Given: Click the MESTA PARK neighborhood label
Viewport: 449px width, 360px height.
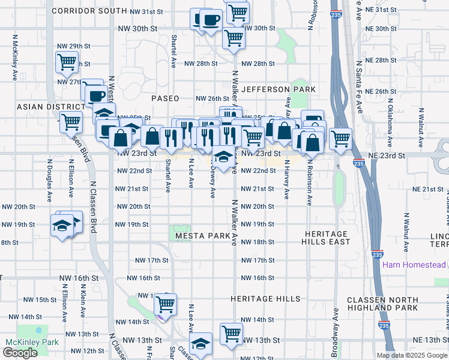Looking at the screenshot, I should click(202, 236).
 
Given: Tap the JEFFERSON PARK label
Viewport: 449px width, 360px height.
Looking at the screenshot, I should click(279, 89).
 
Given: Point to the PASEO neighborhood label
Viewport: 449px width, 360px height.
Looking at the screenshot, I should click(165, 98).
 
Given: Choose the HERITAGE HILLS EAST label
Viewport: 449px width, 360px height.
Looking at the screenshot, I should click(327, 238).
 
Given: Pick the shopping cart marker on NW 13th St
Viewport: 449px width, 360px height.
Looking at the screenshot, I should click(231, 333).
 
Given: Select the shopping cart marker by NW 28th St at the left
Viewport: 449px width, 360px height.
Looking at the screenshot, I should click(67, 61).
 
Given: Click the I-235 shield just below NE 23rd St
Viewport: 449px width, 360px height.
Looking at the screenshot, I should click(358, 163).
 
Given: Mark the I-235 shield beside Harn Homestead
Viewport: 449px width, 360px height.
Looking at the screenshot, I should click(377, 255).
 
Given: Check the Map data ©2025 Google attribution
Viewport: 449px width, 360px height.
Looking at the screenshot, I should click(412, 355).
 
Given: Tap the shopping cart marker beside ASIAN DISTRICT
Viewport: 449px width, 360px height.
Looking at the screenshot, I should click(71, 121).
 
